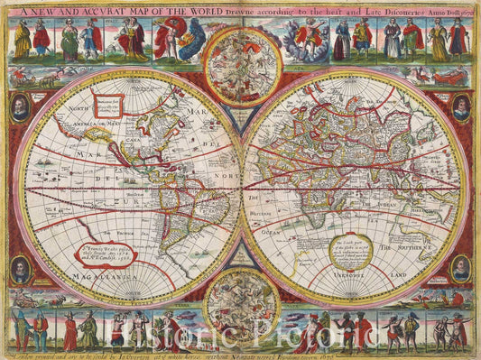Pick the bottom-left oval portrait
[20, 268]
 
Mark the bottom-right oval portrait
[460, 267]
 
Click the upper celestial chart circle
[241, 65]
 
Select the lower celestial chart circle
[241, 307]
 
